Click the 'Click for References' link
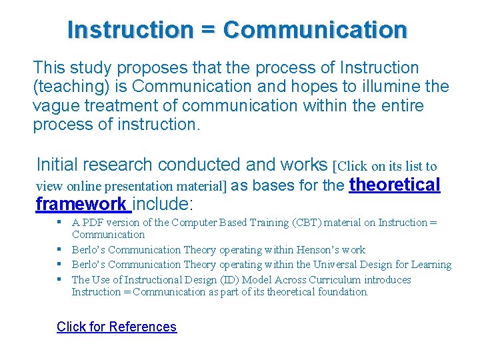117,327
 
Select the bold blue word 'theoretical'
395,185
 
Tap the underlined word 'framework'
81,204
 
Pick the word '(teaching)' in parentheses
67,87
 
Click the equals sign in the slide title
207,30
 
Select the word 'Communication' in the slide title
315,30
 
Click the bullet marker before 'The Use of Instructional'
61,280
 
